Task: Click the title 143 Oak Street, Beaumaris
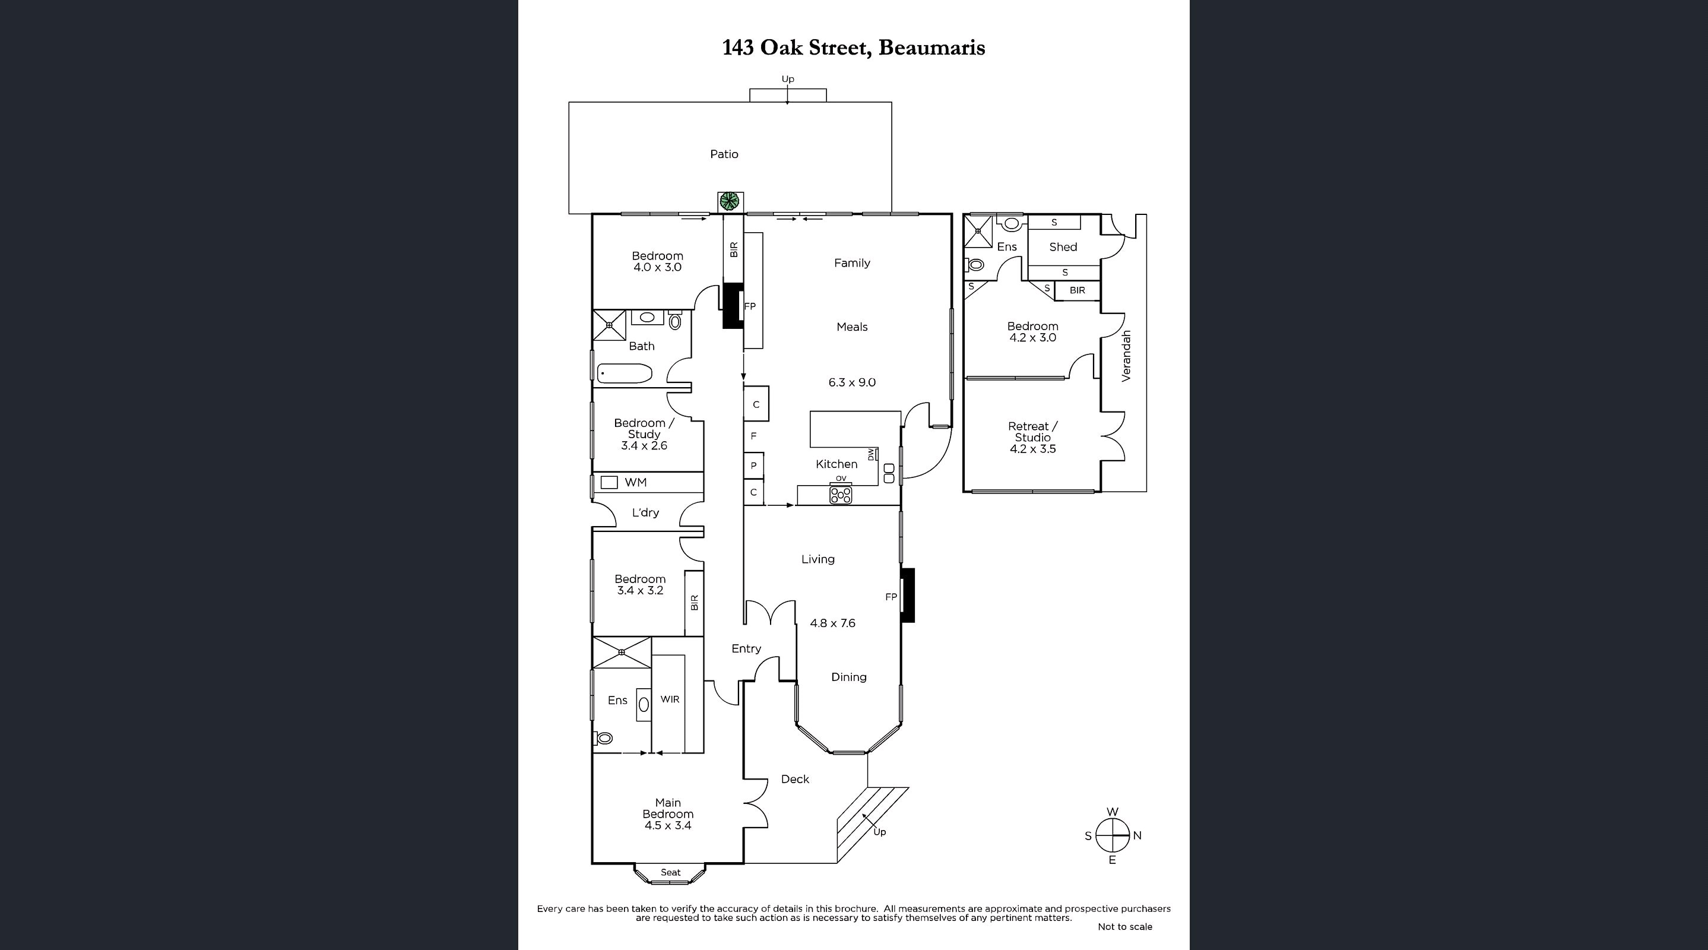click(853, 47)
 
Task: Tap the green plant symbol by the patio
click(730, 201)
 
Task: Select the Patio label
click(724, 154)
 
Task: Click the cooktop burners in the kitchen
click(841, 495)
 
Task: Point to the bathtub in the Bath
click(625, 373)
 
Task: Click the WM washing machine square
click(609, 483)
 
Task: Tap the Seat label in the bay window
click(670, 872)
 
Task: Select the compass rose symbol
click(1112, 835)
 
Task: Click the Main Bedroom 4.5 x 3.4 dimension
click(668, 825)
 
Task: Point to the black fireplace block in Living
click(908, 596)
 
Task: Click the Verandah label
click(1126, 356)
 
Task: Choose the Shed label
click(1063, 247)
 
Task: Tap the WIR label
click(670, 699)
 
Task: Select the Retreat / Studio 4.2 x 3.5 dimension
click(1033, 449)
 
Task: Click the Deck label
click(795, 779)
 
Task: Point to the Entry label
click(746, 649)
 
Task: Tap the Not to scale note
click(1124, 927)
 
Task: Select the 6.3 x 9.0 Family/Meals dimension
click(852, 382)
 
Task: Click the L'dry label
click(645, 512)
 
